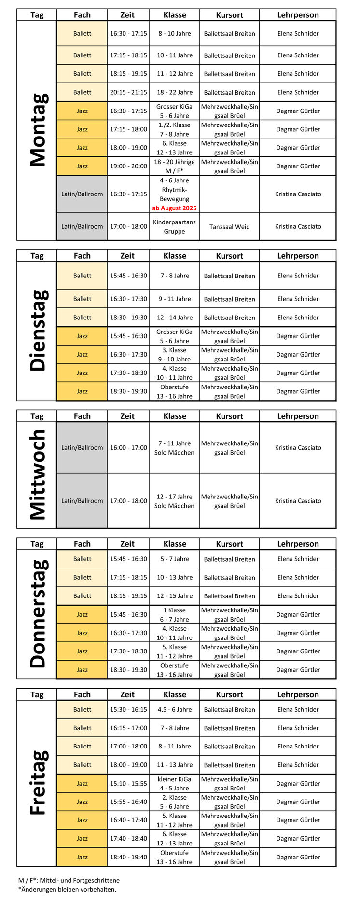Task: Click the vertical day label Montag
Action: click(39, 130)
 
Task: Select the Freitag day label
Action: click(39, 782)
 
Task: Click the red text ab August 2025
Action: click(174, 208)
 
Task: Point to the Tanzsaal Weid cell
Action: click(229, 227)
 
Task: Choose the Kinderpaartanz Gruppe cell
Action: click(174, 227)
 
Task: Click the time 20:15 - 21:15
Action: click(128, 92)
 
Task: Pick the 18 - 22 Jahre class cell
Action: click(174, 92)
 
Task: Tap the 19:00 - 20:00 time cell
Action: click(128, 166)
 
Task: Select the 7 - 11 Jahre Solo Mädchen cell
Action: click(174, 448)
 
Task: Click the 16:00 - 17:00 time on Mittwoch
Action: click(128, 448)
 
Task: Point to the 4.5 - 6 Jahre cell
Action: click(174, 709)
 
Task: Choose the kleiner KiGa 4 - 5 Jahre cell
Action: click(174, 783)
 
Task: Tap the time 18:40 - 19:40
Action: click(128, 857)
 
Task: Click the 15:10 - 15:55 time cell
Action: click(128, 783)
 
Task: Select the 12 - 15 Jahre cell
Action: click(174, 596)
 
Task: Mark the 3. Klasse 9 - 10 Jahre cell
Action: click(174, 354)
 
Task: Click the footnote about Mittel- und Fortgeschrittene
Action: click(69, 880)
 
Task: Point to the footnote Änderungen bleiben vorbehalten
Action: click(68, 889)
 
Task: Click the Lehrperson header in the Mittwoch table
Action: click(298, 416)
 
